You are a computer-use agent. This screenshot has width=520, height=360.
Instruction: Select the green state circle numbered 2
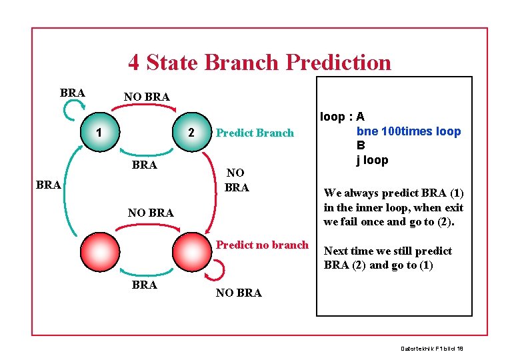point(191,131)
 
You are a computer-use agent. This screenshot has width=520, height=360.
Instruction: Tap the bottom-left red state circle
point(100,250)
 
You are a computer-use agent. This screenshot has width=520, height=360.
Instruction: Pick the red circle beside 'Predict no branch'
point(191,250)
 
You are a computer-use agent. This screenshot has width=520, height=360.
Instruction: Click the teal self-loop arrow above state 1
point(71,110)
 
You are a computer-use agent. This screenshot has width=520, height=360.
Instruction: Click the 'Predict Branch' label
point(255,133)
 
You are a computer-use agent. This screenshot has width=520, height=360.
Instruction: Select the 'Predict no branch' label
point(262,245)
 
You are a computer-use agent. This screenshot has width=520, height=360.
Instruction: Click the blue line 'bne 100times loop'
point(408,131)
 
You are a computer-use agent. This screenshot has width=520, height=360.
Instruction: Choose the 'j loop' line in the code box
point(372,159)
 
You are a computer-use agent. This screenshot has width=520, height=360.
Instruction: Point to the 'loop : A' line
point(343,117)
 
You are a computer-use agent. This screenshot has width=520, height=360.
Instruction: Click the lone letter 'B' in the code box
point(361,145)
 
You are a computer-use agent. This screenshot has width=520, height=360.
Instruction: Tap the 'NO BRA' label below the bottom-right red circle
point(239,293)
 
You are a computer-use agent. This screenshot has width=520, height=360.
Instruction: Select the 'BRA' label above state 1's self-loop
point(72,93)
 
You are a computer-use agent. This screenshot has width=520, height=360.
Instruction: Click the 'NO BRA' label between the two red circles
point(151,213)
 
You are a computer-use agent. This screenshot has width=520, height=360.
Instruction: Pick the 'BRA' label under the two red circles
point(145,285)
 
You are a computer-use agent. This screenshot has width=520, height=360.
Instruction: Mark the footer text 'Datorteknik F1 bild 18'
point(432,349)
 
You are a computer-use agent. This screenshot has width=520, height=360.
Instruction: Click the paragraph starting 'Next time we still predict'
point(387,258)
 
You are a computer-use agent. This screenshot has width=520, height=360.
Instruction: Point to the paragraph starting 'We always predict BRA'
point(393,207)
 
